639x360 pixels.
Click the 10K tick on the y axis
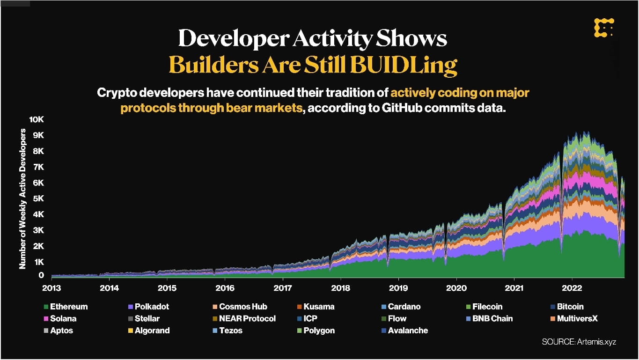click(x=36, y=119)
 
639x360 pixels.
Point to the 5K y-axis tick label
click(x=37, y=198)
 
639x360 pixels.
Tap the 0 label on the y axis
click(x=42, y=276)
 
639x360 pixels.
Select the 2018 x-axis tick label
click(x=340, y=287)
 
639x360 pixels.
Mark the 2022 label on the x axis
click(x=572, y=287)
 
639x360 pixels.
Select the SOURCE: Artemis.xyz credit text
click(x=579, y=342)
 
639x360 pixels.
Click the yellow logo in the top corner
click(x=603, y=28)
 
